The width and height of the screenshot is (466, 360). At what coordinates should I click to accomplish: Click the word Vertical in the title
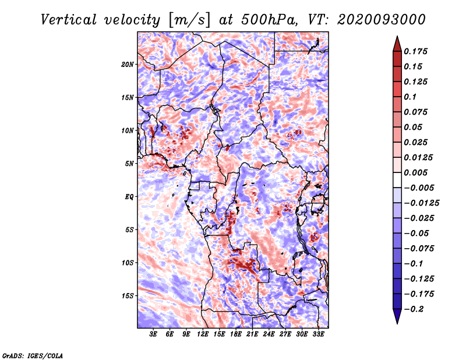coord(69,20)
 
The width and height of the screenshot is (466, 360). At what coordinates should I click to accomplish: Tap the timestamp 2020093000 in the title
coord(382,20)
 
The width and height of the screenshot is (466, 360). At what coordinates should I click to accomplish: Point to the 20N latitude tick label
coord(128,65)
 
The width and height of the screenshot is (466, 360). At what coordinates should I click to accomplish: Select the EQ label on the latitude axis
coord(129,197)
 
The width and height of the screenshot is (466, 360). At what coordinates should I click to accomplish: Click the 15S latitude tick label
coord(128,296)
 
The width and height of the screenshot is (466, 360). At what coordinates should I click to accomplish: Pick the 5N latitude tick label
coord(129,164)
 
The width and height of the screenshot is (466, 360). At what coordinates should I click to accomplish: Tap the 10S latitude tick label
coord(128,263)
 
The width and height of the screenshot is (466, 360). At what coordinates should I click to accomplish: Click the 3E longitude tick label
coord(153,334)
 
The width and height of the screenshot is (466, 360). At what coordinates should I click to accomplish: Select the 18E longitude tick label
coord(236,334)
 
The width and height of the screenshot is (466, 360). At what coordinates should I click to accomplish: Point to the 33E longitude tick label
coord(318,334)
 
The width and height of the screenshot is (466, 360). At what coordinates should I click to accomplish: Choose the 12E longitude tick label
coord(203,334)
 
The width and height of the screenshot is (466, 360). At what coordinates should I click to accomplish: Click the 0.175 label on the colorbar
coord(415,52)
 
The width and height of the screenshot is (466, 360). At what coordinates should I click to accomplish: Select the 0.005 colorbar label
coord(415,172)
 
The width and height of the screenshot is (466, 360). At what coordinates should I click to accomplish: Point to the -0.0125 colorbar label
coord(421,203)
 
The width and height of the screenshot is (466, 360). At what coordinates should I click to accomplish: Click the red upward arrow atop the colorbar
coord(397,45)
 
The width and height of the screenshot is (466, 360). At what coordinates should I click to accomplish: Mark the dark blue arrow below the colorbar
coord(397,315)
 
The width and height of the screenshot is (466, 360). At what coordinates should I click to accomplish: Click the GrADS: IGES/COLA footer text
coord(33,356)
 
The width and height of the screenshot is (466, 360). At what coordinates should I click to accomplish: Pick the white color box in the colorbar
coord(397,180)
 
